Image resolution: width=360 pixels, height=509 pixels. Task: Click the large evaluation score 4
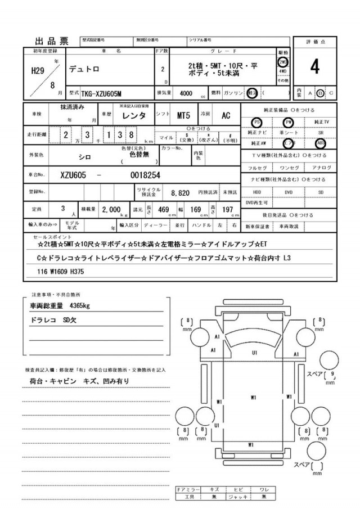pyautogui.click(x=314, y=67)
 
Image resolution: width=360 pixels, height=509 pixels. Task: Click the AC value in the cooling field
pyautogui.click(x=226, y=116)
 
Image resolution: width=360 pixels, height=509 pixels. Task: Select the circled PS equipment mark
pyautogui.click(x=256, y=121)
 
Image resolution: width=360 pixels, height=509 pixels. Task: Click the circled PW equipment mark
pyautogui.click(x=289, y=121)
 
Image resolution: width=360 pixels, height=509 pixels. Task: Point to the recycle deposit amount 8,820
pyautogui.click(x=180, y=192)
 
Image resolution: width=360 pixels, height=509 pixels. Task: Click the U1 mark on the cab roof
pyautogui.click(x=254, y=353)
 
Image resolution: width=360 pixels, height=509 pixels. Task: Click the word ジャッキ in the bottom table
pyautogui.click(x=238, y=497)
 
